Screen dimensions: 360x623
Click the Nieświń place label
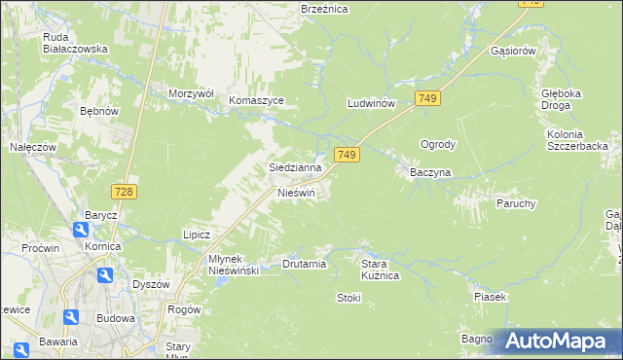pos(298,193)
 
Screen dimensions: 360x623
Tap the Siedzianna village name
pos(296,167)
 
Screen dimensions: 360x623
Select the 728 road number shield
pos(123,193)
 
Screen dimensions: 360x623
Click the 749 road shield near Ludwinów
pos(427,98)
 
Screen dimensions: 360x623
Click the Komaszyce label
pos(256,100)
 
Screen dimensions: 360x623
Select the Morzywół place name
pos(191,93)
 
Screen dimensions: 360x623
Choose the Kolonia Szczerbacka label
pos(578,139)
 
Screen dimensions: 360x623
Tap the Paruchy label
pos(516,203)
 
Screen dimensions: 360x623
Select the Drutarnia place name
pos(304,264)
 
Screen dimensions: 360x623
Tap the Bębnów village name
pos(98,112)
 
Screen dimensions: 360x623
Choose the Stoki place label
pos(348,298)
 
